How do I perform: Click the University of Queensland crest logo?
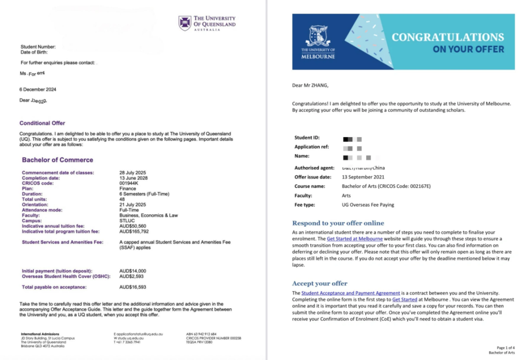185,23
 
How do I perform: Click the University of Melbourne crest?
318,36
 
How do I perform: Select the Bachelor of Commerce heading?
57,160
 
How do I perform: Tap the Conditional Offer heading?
42,123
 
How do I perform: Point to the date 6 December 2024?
38,89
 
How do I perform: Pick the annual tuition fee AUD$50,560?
133,225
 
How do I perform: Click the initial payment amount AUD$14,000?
133,271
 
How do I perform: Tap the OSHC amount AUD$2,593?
131,276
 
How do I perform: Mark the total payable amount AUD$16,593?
133,287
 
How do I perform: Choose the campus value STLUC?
127,220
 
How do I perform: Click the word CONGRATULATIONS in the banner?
448,37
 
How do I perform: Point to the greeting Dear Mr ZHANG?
310,86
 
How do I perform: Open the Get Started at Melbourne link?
355,239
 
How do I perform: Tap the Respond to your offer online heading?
338,223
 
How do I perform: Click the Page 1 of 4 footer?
505,348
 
